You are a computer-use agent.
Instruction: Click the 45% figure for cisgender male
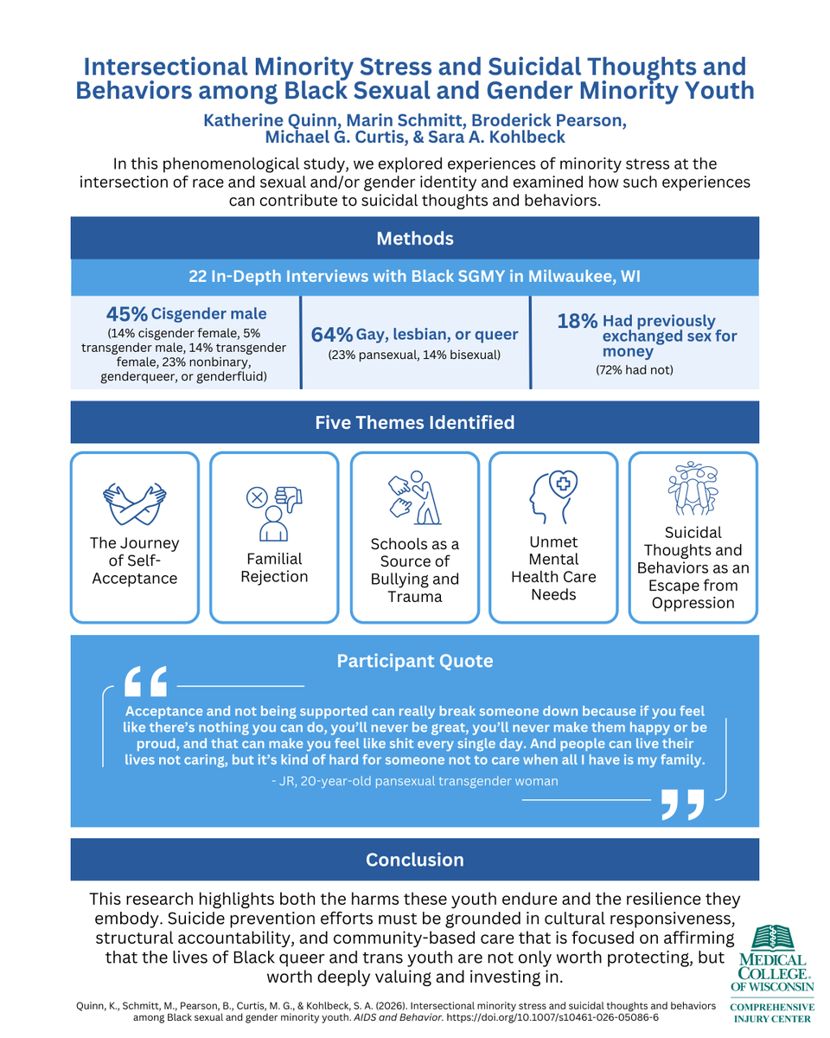[127, 313]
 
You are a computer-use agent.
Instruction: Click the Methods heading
[415, 238]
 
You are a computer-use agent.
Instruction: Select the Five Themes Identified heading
[415, 422]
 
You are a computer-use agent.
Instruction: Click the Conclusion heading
[415, 860]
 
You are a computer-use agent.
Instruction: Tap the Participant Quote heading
[415, 661]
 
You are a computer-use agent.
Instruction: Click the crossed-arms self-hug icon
[135, 504]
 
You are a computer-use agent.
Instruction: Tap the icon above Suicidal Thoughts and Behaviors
[693, 489]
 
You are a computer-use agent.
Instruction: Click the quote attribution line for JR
[415, 781]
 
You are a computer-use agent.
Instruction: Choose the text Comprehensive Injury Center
[772, 1013]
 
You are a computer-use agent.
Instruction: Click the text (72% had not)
[635, 370]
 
